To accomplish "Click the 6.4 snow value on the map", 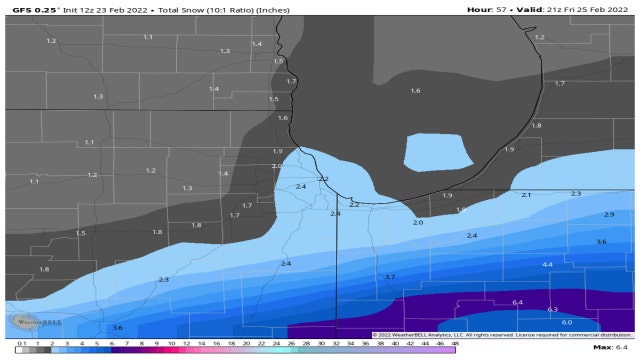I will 517,302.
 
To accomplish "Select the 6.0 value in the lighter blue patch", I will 565,322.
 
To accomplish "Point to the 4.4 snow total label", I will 547,264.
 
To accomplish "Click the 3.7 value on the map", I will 390,277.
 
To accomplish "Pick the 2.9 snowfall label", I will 609,215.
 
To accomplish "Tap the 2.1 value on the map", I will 526,195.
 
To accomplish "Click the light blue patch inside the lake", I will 438,153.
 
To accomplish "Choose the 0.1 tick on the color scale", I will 8,343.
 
